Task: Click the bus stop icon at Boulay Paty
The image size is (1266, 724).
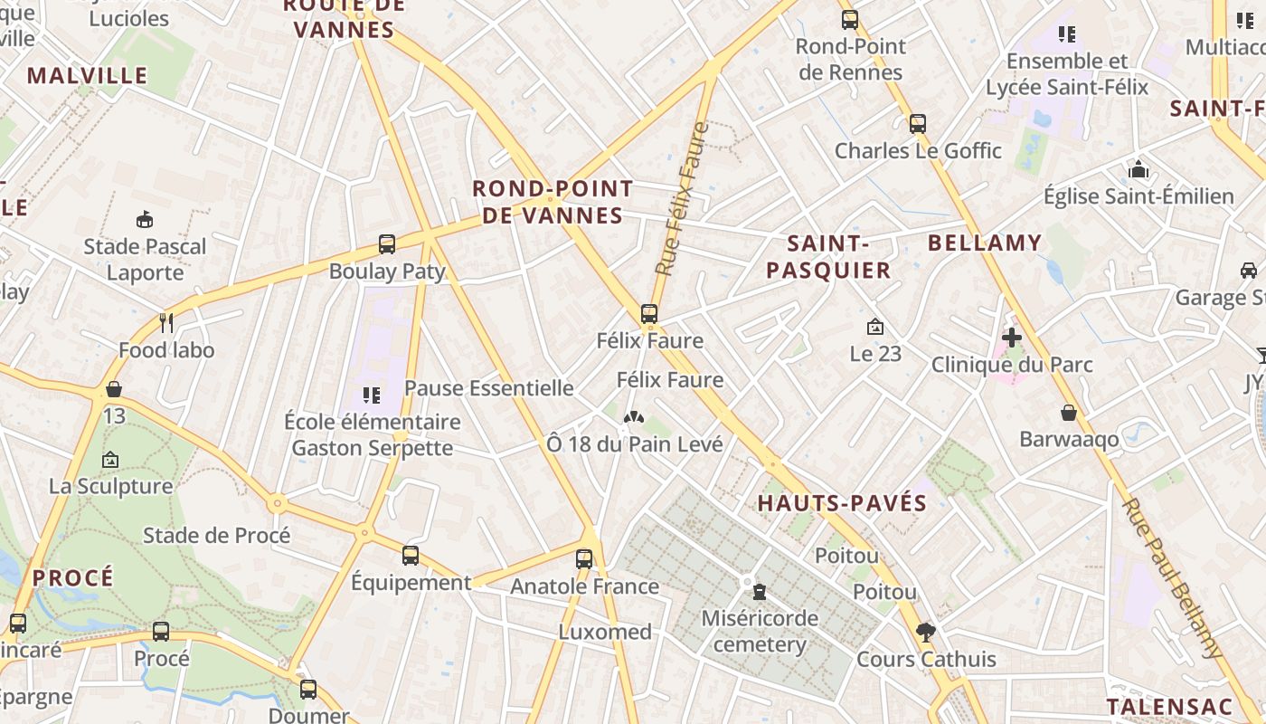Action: coord(387,243)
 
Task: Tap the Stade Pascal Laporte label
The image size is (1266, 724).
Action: coord(145,259)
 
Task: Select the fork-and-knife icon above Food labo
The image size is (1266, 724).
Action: coord(166,322)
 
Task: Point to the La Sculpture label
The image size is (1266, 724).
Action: coord(110,486)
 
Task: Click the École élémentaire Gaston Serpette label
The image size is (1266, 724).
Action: coord(373,434)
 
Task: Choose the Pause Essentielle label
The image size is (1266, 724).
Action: coord(488,388)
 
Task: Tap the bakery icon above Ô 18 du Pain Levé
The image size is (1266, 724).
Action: coord(634,418)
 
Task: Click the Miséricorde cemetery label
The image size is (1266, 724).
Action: coord(760,632)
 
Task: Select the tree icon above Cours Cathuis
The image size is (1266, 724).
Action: coord(925,633)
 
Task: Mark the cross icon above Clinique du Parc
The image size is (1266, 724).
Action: coord(1012,338)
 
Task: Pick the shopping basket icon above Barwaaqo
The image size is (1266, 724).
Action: coord(1069,413)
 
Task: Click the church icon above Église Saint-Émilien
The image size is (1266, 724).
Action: coord(1138,169)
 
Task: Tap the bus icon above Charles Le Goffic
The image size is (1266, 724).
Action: coord(918,123)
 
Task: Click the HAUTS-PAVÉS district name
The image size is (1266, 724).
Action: coord(842,503)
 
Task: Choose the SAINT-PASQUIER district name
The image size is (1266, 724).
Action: coord(828,256)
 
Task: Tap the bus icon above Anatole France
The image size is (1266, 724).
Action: coord(584,558)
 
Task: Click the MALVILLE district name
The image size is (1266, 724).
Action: coord(87,75)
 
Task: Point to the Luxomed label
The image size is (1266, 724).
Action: coord(605,632)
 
